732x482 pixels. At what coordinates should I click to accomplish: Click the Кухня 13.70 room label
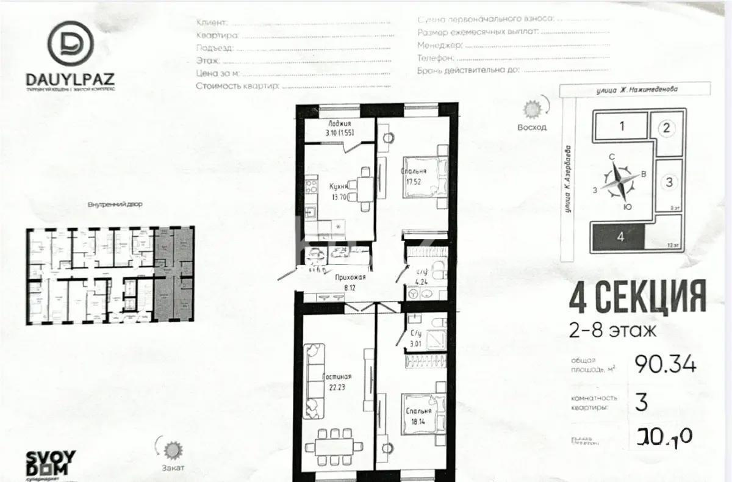[339, 192]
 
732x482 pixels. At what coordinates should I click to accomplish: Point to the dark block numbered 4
[619, 237]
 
